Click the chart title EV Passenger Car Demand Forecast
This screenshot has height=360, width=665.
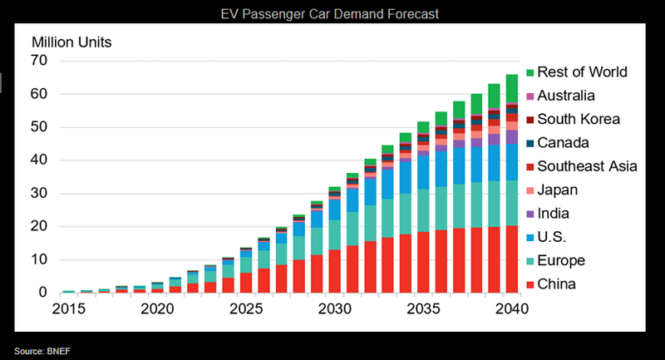[x=332, y=14]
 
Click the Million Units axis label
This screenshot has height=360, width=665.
[x=71, y=42]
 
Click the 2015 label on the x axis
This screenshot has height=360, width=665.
[x=68, y=308]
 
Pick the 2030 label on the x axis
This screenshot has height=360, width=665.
[x=336, y=308]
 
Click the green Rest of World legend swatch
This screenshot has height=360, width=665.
[x=530, y=72]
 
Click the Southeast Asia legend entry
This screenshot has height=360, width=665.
[x=587, y=166]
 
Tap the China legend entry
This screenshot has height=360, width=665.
[x=561, y=284]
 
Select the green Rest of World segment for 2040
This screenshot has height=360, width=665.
[x=513, y=88]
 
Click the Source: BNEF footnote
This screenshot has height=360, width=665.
[x=41, y=351]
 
